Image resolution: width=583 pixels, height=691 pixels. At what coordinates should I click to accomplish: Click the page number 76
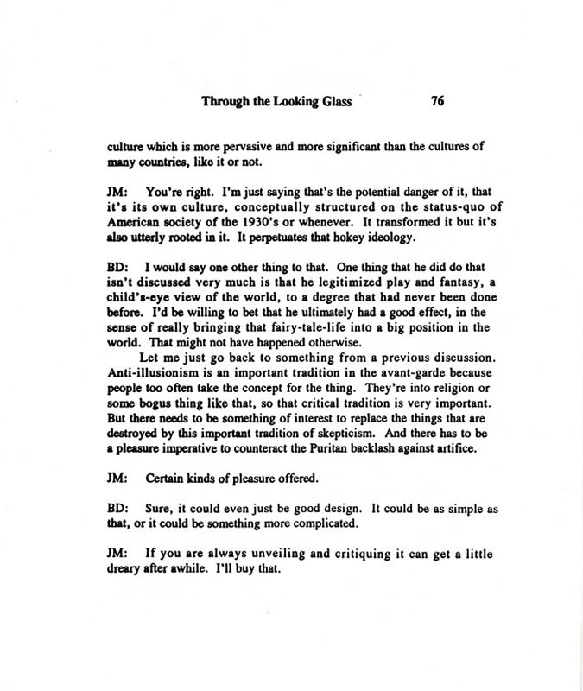pos(436,100)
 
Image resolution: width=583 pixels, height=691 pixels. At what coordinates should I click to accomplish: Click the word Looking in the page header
pos(301,100)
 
